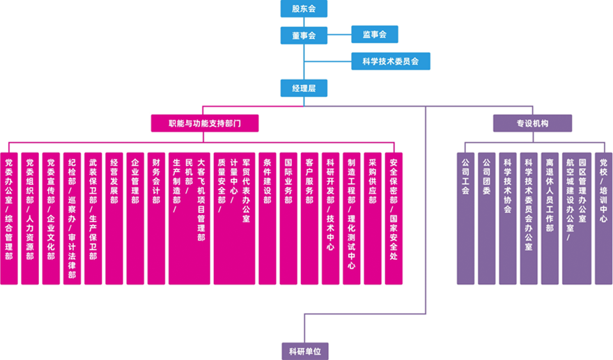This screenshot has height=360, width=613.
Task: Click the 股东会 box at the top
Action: (x=303, y=9)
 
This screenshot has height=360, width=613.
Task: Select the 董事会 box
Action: (x=303, y=35)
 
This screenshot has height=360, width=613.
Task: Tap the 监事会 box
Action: (x=374, y=33)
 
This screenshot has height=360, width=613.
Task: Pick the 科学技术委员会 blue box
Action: (x=390, y=61)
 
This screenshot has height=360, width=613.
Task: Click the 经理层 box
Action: (x=303, y=88)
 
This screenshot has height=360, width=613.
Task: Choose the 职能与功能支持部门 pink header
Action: (x=204, y=123)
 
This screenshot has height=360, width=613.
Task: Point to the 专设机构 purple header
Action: (x=532, y=123)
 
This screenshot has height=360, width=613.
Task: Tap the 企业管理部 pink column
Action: (x=135, y=218)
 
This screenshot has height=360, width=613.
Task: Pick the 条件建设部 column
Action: (x=267, y=218)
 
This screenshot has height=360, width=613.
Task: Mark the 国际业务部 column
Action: (x=288, y=218)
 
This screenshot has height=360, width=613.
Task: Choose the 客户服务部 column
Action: (x=309, y=218)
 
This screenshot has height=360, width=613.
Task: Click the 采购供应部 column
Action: (x=372, y=218)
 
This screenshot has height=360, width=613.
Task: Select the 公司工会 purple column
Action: (x=465, y=218)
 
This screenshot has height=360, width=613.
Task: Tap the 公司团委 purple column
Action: (x=486, y=218)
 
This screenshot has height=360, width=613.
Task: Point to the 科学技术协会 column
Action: (x=507, y=218)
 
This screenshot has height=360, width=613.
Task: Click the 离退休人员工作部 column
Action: (x=550, y=218)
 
